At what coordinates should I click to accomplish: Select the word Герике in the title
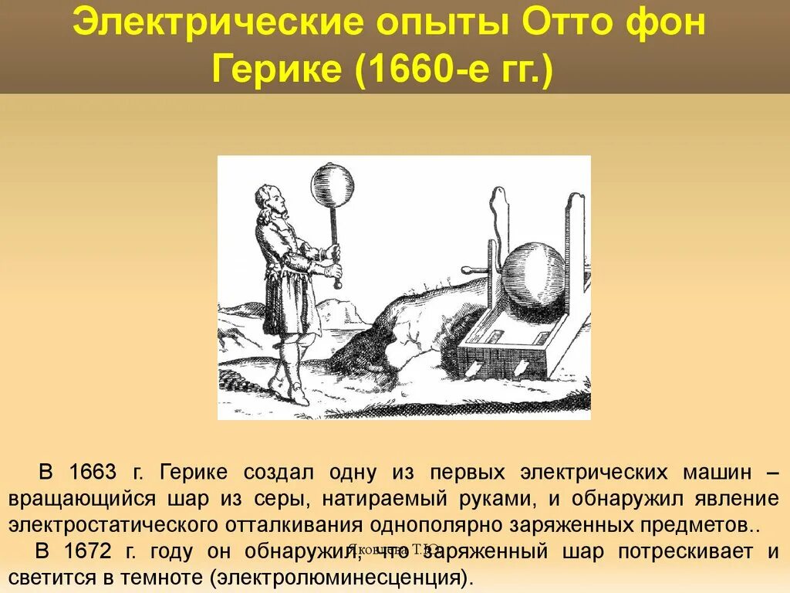pos(276,71)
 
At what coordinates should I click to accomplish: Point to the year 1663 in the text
pos(93,472)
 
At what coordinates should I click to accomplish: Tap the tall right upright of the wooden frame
pos(576,255)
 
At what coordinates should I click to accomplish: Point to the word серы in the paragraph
pos(281,499)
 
